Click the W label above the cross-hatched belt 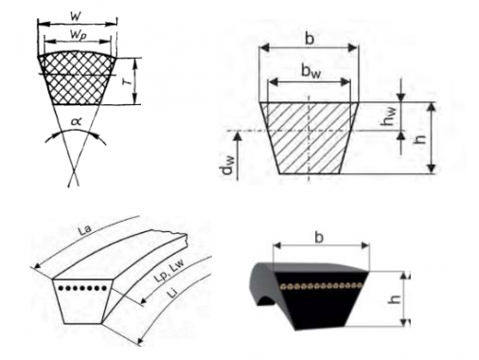tap(75, 15)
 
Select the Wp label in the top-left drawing tap(79, 35)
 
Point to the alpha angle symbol tap(76, 121)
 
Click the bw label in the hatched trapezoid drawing tap(310, 72)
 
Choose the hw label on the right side tap(388, 116)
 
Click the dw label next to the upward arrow tap(227, 165)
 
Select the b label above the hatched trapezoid tap(310, 39)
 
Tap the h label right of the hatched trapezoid tap(419, 138)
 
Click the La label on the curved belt tap(85, 229)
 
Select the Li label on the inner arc tap(172, 294)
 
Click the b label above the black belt tap(319, 237)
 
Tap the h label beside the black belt tap(394, 299)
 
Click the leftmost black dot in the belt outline tap(61, 288)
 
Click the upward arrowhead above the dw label tap(239, 135)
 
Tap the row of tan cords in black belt tap(321, 286)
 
